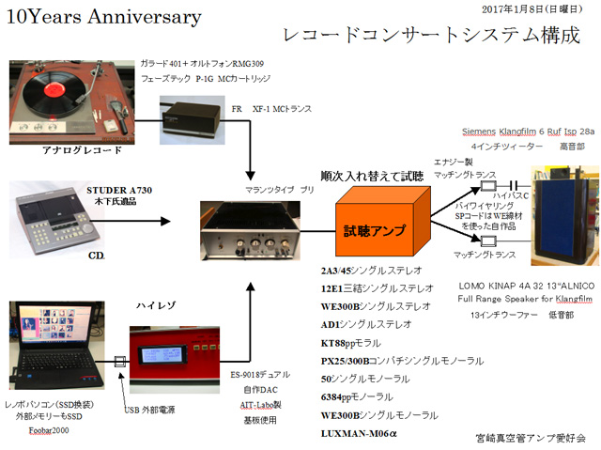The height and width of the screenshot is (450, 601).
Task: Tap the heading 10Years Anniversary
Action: tap(103, 17)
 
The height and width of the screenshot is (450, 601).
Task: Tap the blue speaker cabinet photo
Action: tap(562, 214)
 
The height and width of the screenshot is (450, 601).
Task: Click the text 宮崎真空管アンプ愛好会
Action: tap(530, 437)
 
